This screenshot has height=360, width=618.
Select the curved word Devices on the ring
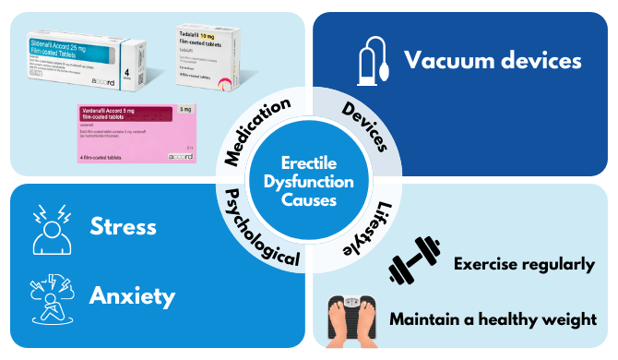(365, 129)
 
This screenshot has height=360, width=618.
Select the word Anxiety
(132, 296)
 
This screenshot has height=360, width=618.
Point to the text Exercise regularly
(524, 265)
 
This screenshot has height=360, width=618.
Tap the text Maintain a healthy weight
(492, 320)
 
